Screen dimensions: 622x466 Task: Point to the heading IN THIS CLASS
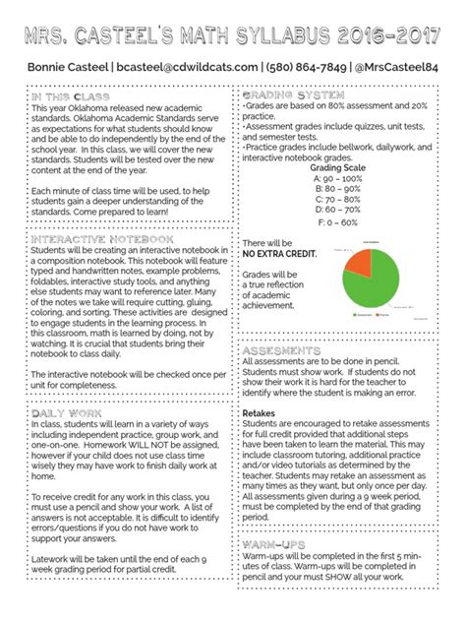tap(70, 96)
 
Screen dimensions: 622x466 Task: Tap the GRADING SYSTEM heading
tap(292, 94)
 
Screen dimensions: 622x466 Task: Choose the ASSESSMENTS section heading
tap(286, 351)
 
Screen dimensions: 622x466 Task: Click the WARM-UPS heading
tap(278, 542)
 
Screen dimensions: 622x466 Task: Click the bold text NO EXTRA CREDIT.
tap(281, 254)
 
